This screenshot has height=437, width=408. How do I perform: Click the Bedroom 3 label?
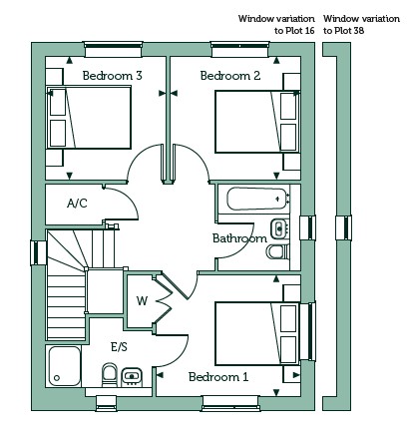tap(113, 76)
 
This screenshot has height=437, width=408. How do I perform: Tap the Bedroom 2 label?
tap(230, 76)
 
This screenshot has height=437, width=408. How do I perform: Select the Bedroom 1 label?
tap(218, 377)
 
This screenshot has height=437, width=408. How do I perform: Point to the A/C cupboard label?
tap(77, 203)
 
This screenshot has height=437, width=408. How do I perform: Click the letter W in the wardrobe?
tap(142, 301)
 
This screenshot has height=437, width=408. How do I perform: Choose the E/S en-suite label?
tap(119, 347)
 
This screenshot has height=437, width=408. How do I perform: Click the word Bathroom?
tap(239, 238)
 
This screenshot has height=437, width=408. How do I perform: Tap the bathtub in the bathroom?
tap(256, 199)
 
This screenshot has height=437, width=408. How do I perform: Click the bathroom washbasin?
tap(279, 228)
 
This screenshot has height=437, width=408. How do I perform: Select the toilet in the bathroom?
tap(278, 252)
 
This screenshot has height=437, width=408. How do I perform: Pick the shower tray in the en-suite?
tap(64, 366)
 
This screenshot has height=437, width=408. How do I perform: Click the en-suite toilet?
tap(110, 374)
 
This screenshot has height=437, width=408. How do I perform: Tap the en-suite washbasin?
tap(132, 376)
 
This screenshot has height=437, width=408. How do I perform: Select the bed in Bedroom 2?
tap(257, 122)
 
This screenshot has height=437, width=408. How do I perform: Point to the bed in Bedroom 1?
tap(257, 333)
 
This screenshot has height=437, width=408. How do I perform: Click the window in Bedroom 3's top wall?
tap(113, 49)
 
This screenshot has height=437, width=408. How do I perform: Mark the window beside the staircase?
tap(39, 252)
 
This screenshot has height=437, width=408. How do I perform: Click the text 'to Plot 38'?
tap(344, 31)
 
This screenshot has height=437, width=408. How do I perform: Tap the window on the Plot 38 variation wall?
tap(344, 227)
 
